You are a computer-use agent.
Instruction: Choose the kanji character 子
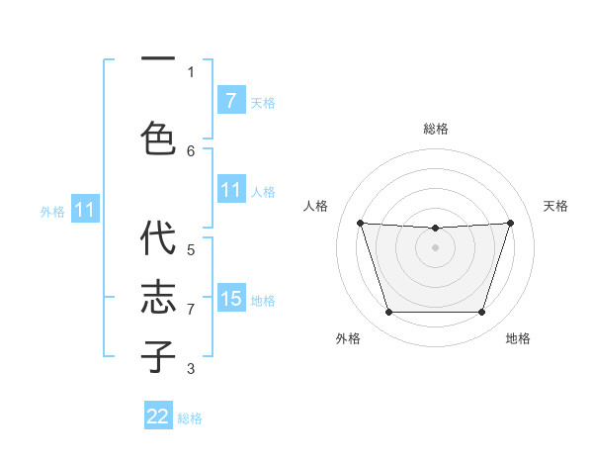[159, 355]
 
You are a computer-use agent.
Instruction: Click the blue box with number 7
[230, 101]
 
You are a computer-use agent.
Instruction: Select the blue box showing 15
[230, 299]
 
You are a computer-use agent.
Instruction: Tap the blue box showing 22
[158, 417]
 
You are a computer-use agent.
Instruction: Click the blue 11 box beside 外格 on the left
[85, 210]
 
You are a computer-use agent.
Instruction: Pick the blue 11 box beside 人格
[230, 190]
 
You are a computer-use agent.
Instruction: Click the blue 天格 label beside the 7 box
[263, 103]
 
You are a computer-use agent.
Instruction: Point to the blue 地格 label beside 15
[263, 301]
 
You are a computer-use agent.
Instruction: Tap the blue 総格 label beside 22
[190, 418]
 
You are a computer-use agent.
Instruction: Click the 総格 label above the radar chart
[435, 129]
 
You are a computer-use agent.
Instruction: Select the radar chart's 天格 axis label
[555, 206]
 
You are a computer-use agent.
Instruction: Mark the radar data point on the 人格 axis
[360, 223]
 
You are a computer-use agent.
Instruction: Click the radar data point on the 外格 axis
[388, 313]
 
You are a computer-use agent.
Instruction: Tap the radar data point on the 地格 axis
[481, 313]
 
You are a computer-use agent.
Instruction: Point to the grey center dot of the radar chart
[435, 247]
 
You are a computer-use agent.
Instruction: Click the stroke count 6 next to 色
[191, 150]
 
